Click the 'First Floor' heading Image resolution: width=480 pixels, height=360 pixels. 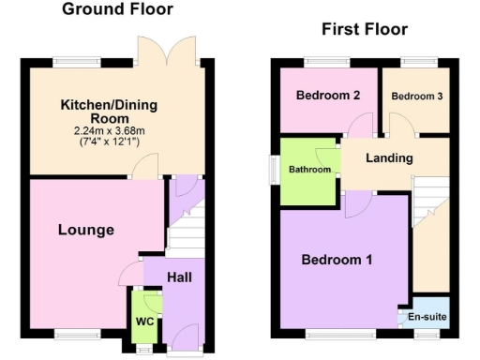[x=365, y=29]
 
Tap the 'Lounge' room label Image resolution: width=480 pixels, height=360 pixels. [x=85, y=230]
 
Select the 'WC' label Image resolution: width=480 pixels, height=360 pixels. [x=144, y=321]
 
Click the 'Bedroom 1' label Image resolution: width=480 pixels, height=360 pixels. [x=337, y=260]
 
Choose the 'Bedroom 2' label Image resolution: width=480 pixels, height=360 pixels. [x=328, y=96]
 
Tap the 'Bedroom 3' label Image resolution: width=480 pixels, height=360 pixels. [x=417, y=97]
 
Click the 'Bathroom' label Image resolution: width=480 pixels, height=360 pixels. [x=310, y=170]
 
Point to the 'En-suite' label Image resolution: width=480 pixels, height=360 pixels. [x=427, y=319]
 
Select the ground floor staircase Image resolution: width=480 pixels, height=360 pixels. [x=186, y=230]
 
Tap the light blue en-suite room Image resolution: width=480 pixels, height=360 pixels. [x=427, y=315]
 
